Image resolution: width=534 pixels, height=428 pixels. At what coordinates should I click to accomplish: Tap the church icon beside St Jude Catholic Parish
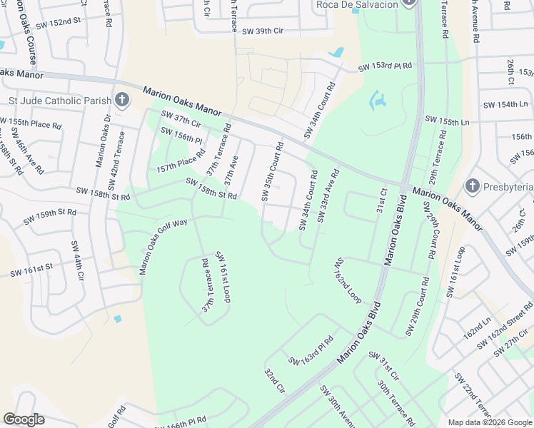[x=122, y=99]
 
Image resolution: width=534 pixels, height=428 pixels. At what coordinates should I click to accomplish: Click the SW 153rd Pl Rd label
[x=386, y=66]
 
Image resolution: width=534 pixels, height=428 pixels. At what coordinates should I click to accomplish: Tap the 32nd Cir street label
[x=275, y=382]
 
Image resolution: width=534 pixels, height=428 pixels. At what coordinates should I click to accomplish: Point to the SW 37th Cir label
[x=181, y=118]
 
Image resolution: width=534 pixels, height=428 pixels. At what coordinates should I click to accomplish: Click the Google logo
[x=24, y=419]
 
